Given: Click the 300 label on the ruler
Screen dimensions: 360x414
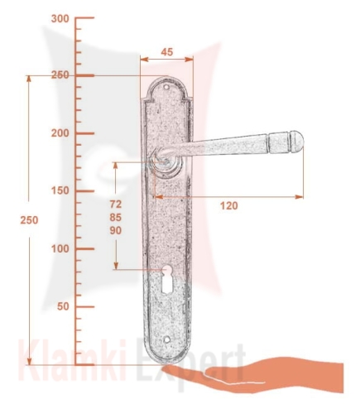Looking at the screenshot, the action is pyautogui.click(x=60, y=19).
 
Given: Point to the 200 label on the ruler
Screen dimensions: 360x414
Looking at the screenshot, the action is pyautogui.click(x=60, y=133).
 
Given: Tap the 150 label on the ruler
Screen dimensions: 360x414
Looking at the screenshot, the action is pyautogui.click(x=60, y=190).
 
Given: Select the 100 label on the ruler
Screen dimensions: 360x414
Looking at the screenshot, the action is pyautogui.click(x=60, y=248).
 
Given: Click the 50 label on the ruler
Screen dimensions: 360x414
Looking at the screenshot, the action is pyautogui.click(x=63, y=306).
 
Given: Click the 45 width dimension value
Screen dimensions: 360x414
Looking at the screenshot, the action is pyautogui.click(x=167, y=52).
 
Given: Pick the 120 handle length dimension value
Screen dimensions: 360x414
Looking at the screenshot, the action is pyautogui.click(x=228, y=205).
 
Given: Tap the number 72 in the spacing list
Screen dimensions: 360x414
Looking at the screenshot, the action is pyautogui.click(x=116, y=205).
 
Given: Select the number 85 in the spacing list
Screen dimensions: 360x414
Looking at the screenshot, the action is pyautogui.click(x=116, y=218).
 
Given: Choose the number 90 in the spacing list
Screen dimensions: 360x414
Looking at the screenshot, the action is pyautogui.click(x=116, y=230).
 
